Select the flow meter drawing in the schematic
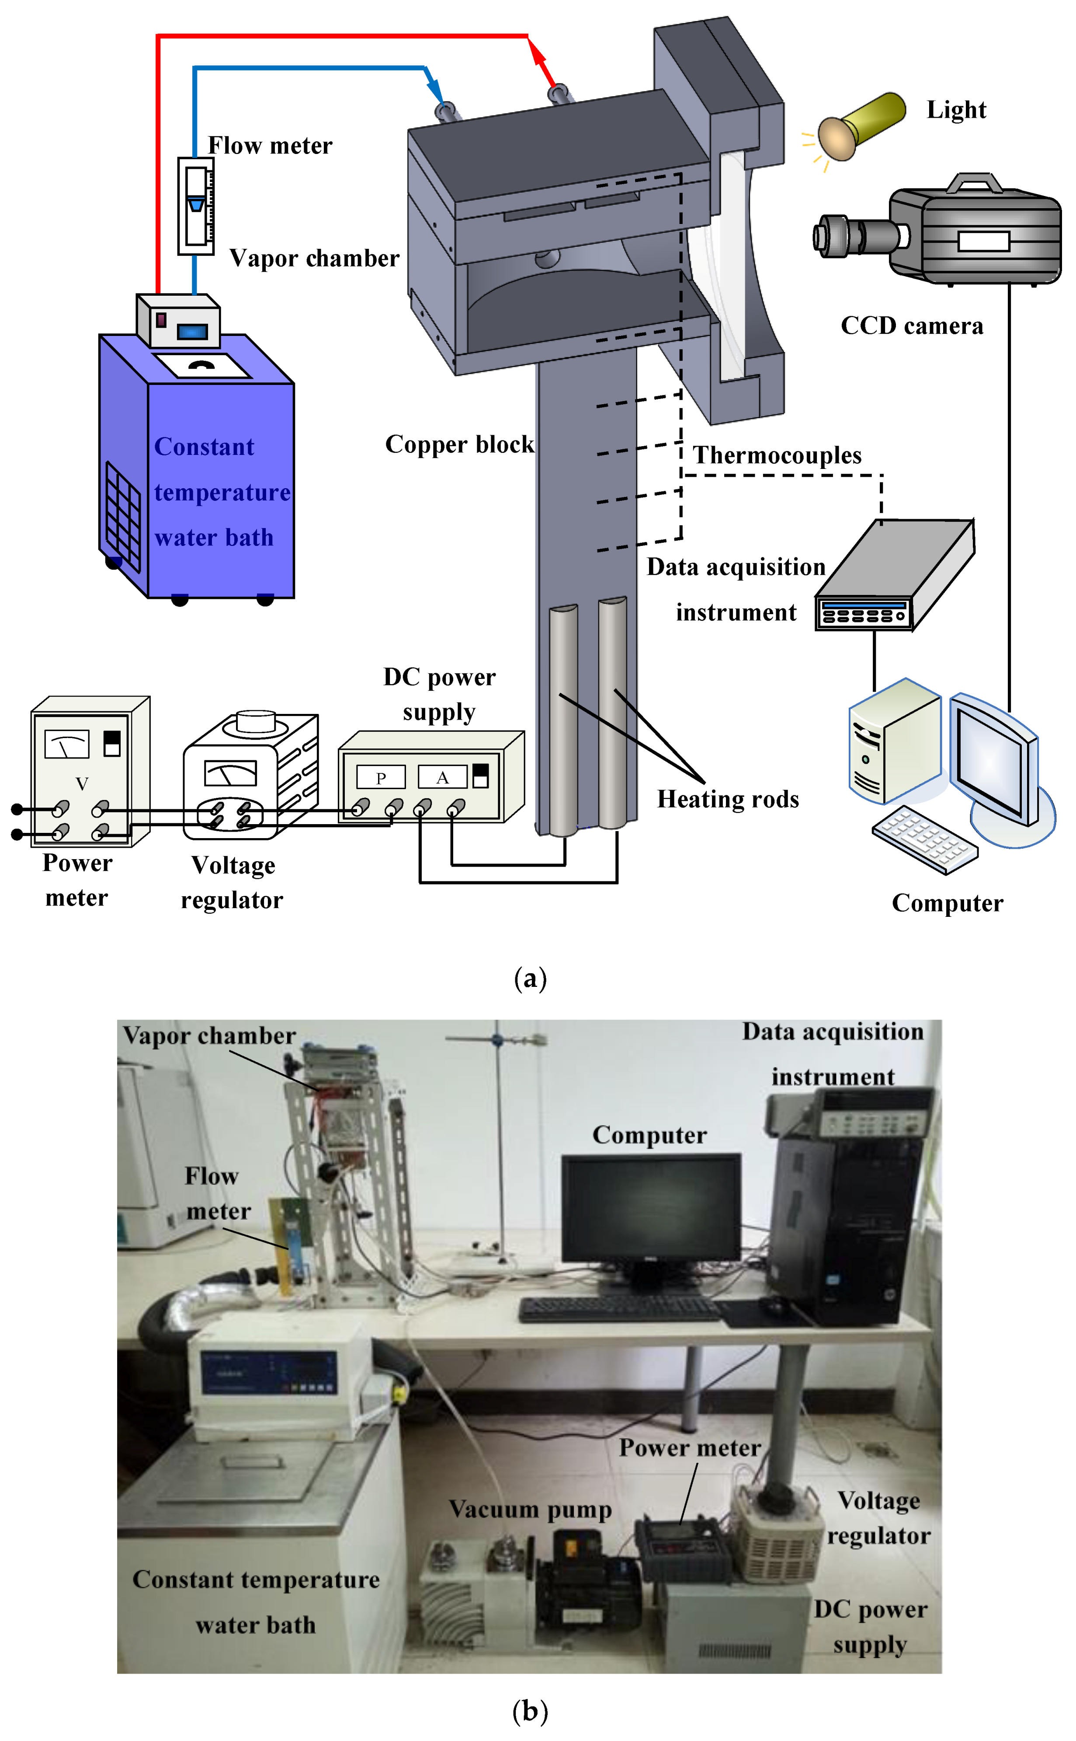pos(196,205)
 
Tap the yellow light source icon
pos(860,125)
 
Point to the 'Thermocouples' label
pos(777,455)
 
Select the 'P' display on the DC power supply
pos(381,778)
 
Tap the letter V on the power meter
pos(82,784)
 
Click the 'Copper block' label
pos(459,444)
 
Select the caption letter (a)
pos(530,979)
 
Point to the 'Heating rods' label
pos(727,799)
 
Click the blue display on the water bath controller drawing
pos(192,331)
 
